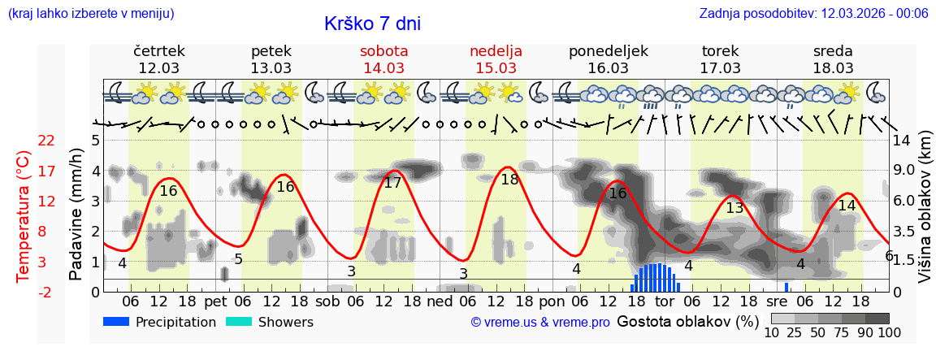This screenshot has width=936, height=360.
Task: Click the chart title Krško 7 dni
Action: [372, 24]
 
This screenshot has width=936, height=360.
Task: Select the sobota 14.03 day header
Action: [384, 59]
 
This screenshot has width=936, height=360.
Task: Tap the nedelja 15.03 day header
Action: [496, 59]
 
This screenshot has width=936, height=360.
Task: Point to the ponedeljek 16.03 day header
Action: [609, 59]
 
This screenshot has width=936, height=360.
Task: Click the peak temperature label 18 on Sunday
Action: [509, 180]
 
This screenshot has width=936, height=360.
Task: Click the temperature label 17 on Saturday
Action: [392, 183]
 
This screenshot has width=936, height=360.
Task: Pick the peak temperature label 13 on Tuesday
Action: [734, 207]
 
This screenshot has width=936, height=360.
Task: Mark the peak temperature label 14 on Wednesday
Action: [847, 206]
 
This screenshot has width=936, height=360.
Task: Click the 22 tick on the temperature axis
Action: [46, 141]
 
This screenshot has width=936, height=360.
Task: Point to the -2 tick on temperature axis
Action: [46, 292]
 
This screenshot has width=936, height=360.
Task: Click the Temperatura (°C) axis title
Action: [24, 215]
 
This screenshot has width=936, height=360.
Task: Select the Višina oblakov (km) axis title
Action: [925, 215]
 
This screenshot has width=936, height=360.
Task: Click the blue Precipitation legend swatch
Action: [117, 322]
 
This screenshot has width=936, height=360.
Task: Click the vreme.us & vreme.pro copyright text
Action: [540, 323]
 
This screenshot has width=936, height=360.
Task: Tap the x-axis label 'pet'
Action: [216, 301]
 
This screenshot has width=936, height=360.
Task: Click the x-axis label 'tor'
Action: [665, 301]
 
